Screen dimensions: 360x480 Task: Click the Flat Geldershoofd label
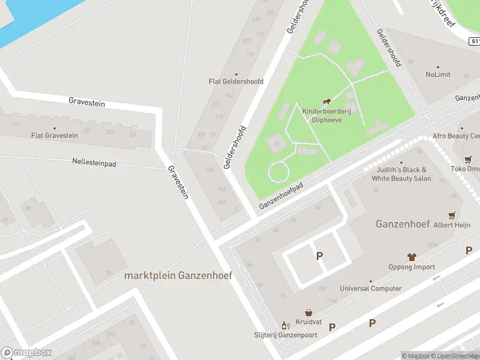[236, 82]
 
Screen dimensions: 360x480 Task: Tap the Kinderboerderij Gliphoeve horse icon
[327, 102]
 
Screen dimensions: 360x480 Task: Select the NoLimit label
[437, 75]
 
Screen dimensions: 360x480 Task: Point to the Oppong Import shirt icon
[412, 257]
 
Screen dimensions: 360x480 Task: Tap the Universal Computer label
[371, 289]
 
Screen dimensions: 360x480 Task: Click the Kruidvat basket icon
[308, 313]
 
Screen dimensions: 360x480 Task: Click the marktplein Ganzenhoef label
[178, 275]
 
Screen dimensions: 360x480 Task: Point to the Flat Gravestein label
[55, 136]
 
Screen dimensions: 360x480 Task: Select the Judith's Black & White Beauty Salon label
[401, 174]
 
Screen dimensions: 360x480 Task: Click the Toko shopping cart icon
[468, 160]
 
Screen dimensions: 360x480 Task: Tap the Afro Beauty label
[456, 136]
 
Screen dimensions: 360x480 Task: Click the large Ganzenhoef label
[403, 224]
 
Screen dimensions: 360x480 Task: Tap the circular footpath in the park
[278, 172]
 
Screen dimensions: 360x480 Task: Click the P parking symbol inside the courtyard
[319, 256]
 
